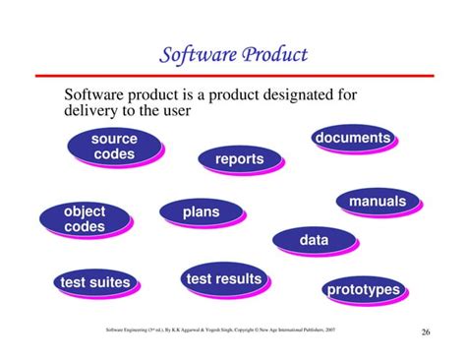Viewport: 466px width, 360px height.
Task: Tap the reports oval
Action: click(239, 159)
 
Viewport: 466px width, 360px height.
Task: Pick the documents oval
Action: click(352, 139)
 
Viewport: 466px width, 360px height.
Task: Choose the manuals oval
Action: click(377, 202)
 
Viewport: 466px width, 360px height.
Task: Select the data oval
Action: click(314, 239)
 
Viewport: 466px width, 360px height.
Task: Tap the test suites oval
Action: click(94, 282)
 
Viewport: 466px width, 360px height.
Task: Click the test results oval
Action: click(224, 279)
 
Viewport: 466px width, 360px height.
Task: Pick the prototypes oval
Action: click(363, 289)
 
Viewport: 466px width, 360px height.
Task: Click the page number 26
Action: click(425, 330)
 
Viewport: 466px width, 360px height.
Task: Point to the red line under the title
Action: click(233, 75)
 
